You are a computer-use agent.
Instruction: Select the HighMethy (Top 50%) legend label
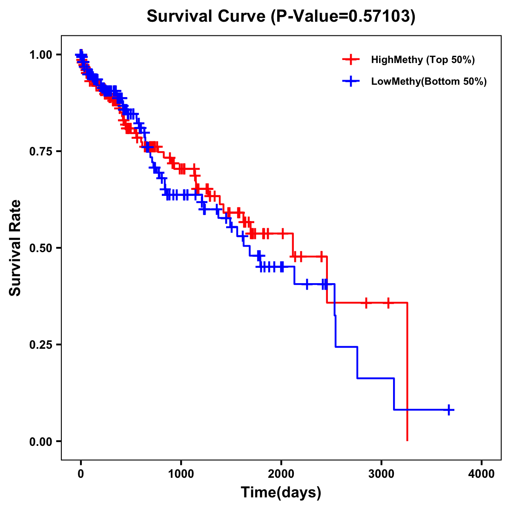423,60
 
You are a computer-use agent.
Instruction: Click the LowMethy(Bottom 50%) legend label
429,82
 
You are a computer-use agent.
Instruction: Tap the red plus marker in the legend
350,60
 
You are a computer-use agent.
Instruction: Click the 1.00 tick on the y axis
40,55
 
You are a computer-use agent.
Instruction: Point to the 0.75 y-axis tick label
40,151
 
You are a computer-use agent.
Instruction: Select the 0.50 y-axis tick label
40,248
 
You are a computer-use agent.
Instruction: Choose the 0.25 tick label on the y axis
40,344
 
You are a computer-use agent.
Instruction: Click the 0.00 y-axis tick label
40,441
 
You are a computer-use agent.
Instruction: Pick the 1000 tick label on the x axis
181,474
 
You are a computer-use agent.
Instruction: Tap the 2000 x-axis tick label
281,474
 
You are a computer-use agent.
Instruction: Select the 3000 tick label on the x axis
382,474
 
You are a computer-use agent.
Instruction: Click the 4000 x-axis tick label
482,474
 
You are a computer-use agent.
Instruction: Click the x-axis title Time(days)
281,493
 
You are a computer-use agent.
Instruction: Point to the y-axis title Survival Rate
15,247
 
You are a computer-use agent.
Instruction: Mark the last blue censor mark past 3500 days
449,410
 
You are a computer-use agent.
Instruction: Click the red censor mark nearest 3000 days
388,303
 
